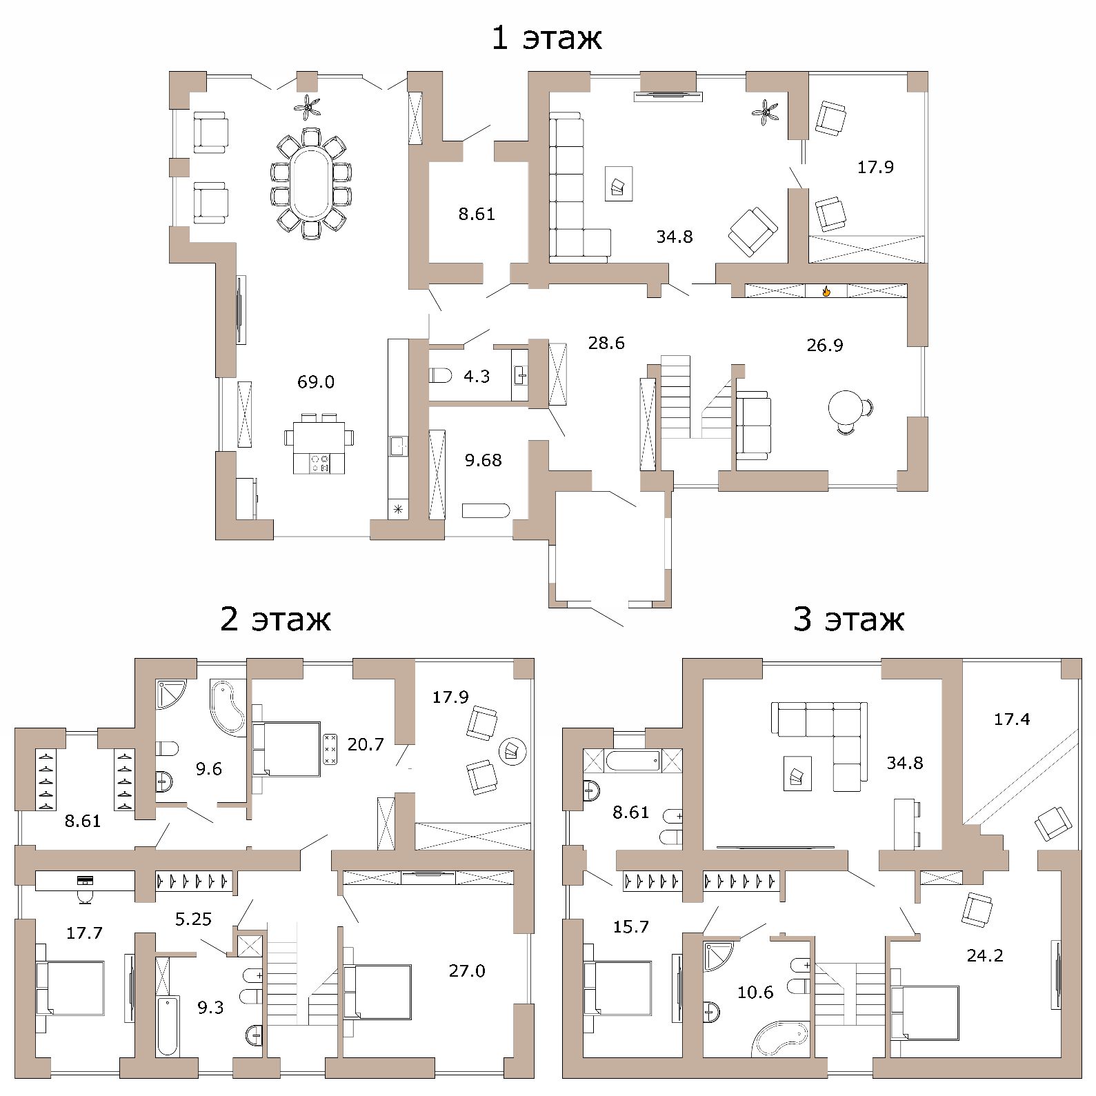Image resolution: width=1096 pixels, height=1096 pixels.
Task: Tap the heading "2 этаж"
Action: [275, 619]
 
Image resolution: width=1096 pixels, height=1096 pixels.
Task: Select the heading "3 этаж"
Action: [848, 619]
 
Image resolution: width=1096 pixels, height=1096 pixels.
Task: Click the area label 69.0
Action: [316, 381]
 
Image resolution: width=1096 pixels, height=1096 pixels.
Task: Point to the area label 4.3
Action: [477, 376]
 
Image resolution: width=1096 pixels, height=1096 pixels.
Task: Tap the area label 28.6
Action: [606, 343]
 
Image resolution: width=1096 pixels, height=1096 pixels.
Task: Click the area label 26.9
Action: [825, 345]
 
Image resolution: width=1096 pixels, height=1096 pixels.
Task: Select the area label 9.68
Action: [483, 460]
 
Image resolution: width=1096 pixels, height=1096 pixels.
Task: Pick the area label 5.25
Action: [193, 919]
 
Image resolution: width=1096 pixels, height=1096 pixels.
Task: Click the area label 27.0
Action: [467, 970]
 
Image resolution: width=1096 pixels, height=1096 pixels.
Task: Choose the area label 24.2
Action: [985, 955]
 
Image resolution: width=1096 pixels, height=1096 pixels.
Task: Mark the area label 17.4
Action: [1012, 719]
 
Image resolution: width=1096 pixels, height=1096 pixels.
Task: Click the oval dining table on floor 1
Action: [311, 183]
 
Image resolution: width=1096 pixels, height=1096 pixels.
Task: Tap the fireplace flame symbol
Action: [826, 290]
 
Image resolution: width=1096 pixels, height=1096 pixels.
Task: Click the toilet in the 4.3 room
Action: [441, 376]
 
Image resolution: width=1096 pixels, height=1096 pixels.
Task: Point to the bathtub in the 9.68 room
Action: [486, 511]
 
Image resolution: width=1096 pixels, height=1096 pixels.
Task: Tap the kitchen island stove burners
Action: [321, 463]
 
